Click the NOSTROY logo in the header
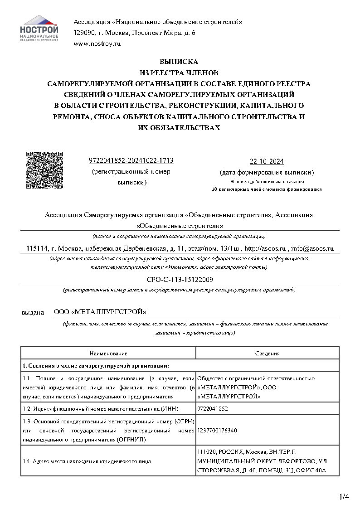tap(39, 28)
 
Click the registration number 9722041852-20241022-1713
tap(131, 161)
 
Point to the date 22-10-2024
tap(267, 162)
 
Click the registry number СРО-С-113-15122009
tap(180, 280)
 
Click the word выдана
tap(33, 312)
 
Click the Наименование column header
tap(108, 353)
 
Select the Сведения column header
tap(268, 353)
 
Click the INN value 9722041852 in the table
tap(213, 408)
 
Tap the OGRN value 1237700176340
tap(218, 430)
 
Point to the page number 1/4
tap(344, 497)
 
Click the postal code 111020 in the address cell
tap(207, 452)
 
